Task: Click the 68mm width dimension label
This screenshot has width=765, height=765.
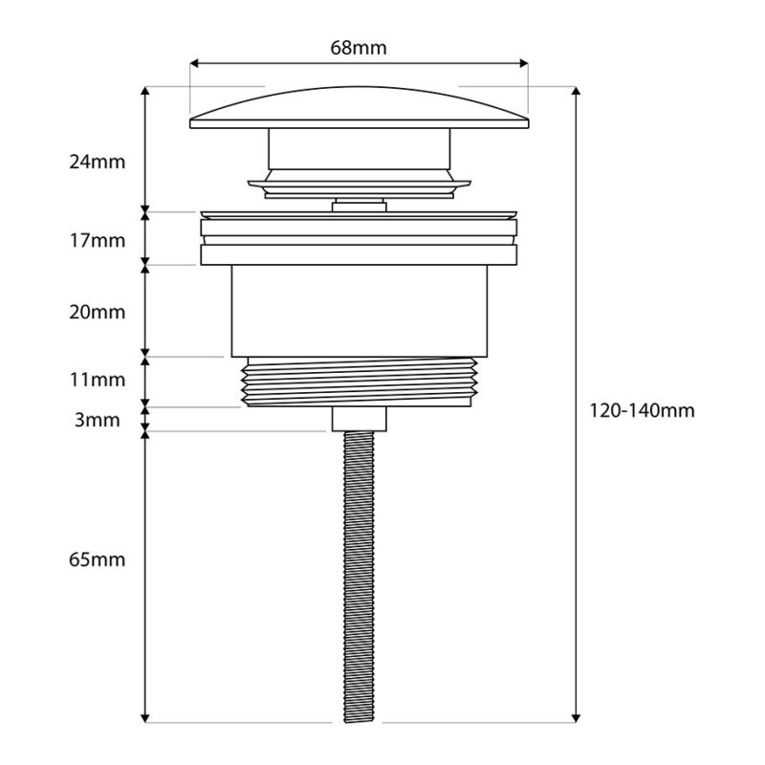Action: (358, 48)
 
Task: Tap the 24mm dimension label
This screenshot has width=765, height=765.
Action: (98, 162)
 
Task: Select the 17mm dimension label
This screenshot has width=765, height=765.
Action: (98, 241)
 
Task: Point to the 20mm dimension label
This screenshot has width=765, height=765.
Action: (98, 312)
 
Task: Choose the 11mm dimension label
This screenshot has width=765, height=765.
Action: (98, 380)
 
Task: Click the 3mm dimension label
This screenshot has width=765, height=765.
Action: (98, 420)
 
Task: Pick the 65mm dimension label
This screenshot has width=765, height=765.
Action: (98, 559)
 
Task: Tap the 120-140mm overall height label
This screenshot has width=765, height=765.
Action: (642, 411)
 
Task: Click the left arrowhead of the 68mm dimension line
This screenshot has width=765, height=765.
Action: (194, 63)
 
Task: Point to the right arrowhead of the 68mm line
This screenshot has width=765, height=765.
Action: (524, 63)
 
